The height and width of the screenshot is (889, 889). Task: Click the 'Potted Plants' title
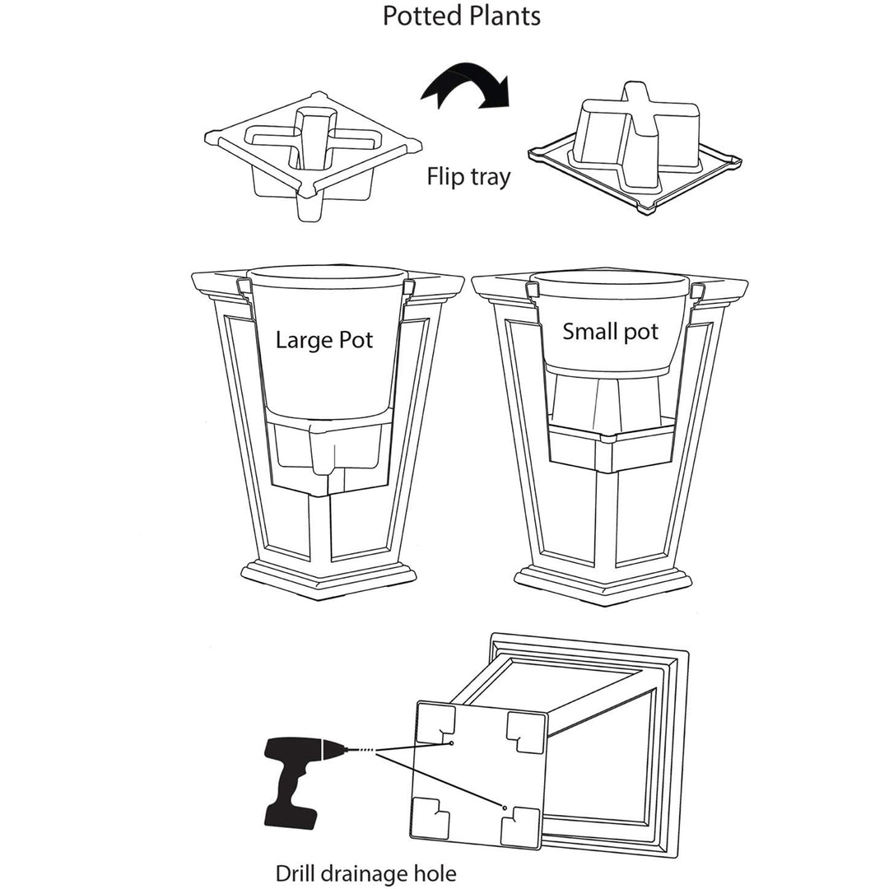462,16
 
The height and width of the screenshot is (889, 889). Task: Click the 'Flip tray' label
468,176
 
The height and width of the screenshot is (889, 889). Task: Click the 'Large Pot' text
324,339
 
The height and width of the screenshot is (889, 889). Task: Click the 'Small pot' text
610,332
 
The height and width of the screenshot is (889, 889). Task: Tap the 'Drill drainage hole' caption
365,873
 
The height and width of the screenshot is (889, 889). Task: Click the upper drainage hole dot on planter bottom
453,743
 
